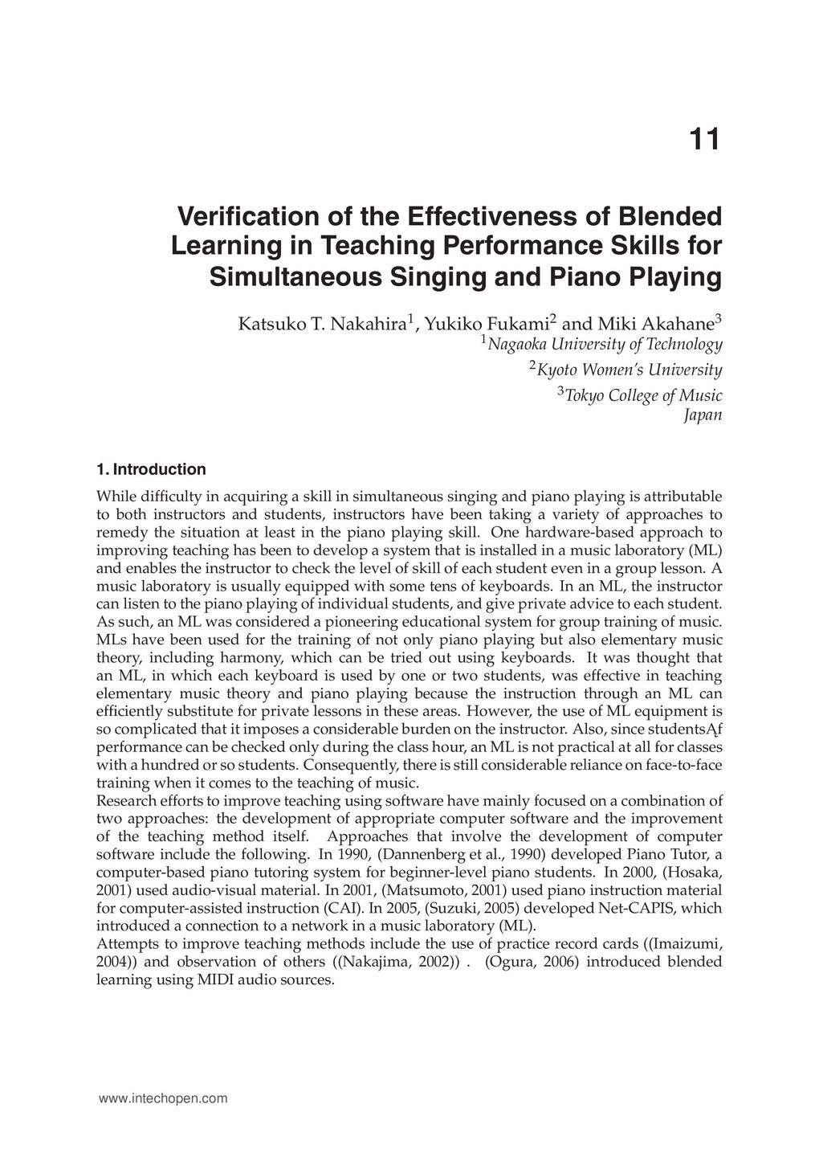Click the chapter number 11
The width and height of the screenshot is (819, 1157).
[704, 141]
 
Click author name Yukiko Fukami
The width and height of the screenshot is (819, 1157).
[487, 325]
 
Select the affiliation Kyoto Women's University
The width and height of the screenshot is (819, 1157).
[629, 370]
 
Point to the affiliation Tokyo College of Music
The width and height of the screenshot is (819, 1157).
[643, 396]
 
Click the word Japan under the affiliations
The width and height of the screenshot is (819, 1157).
[703, 415]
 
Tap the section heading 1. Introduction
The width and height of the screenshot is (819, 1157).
[151, 469]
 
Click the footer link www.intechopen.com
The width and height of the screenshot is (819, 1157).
[163, 1098]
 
